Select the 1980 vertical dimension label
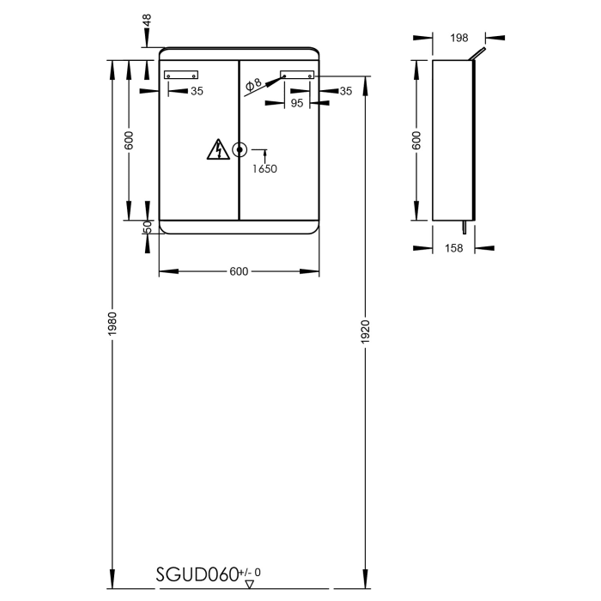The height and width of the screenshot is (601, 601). (x=112, y=323)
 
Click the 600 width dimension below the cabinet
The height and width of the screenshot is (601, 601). (x=239, y=272)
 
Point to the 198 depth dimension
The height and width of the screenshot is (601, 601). (x=458, y=37)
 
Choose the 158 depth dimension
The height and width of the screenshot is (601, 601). (x=455, y=248)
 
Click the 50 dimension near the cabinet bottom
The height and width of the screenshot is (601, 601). (x=147, y=227)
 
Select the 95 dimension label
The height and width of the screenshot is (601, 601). (x=297, y=103)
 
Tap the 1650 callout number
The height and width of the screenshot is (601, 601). (x=264, y=169)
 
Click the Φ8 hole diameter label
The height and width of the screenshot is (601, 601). (x=253, y=84)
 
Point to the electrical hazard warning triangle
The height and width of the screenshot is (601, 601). (x=216, y=150)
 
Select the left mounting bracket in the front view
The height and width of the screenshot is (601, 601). (x=180, y=75)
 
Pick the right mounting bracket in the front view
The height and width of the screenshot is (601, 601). (x=297, y=75)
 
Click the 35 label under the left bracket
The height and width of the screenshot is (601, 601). (x=197, y=90)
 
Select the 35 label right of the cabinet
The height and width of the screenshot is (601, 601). (x=346, y=90)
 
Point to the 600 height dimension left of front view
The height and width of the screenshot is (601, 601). (x=129, y=141)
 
